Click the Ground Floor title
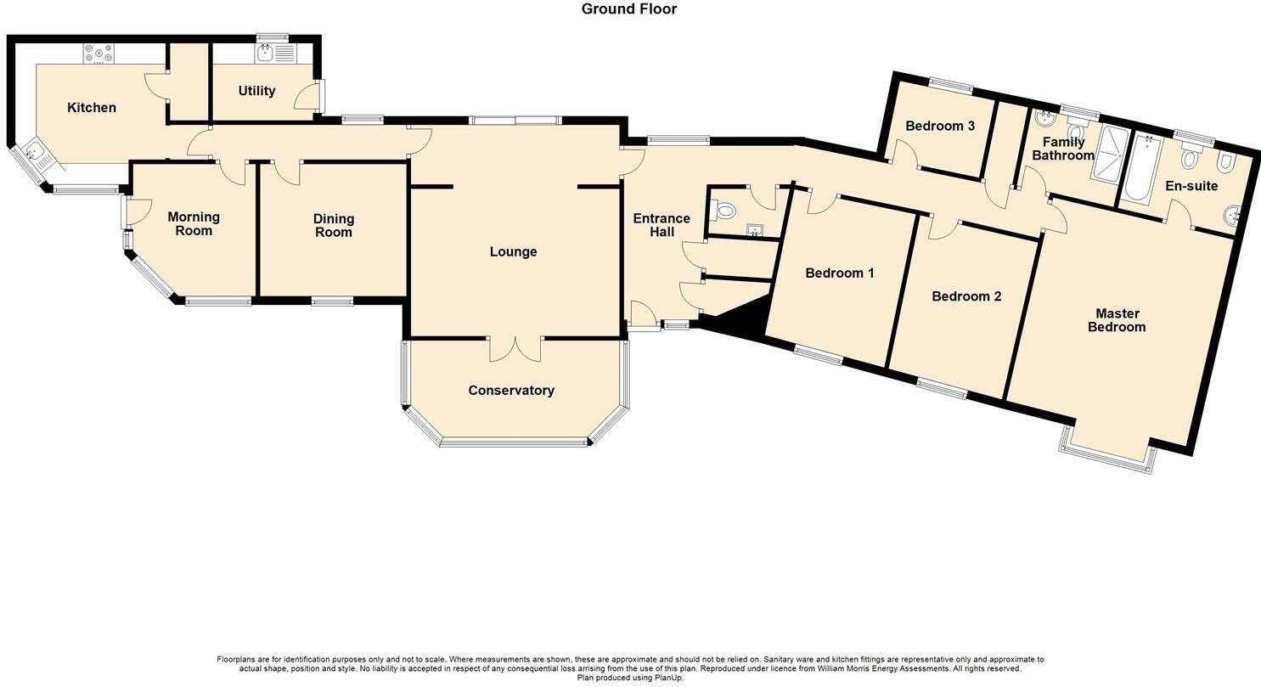click(x=629, y=9)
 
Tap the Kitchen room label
click(x=92, y=108)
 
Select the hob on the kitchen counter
click(x=99, y=54)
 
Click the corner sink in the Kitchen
click(x=33, y=154)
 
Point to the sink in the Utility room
click(x=266, y=53)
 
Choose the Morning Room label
click(x=194, y=223)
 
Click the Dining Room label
click(x=333, y=225)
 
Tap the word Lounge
click(x=513, y=252)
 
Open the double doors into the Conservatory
click(x=515, y=348)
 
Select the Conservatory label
click(x=511, y=391)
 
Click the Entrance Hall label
click(x=661, y=225)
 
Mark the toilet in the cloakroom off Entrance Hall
click(x=723, y=210)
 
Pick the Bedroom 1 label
click(x=839, y=273)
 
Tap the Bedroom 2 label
click(x=966, y=296)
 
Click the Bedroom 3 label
click(x=939, y=127)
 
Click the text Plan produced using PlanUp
click(x=629, y=678)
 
